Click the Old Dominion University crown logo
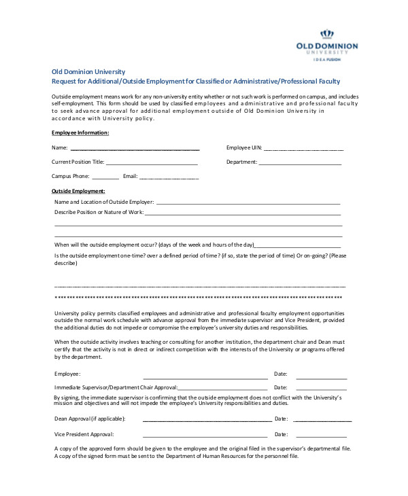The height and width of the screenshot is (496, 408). point(328,34)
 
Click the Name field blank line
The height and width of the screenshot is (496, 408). point(135,148)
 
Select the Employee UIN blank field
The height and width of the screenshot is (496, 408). point(303,149)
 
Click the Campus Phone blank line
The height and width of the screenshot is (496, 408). point(105,178)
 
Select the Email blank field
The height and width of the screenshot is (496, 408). point(169,178)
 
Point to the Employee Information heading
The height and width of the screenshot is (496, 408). point(80,132)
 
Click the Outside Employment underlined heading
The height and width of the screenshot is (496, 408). point(78,192)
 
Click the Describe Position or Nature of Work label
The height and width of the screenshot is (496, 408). point(99,213)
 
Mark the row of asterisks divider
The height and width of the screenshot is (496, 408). point(197,298)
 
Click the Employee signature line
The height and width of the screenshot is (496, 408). point(205,378)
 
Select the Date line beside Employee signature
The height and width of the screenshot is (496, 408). point(321,378)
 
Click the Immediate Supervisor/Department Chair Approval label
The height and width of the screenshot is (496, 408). point(116,387)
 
